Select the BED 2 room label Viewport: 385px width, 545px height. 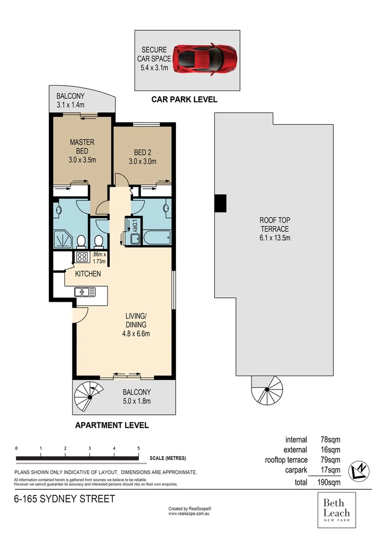point(143,157)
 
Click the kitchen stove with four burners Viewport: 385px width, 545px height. point(82,257)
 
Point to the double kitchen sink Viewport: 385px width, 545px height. point(82,291)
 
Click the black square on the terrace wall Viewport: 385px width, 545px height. point(220,203)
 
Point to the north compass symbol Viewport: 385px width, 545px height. point(360,470)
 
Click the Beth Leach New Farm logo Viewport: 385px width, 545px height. point(337,510)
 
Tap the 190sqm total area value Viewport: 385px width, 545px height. point(331,482)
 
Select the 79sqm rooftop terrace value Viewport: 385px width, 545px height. point(331,460)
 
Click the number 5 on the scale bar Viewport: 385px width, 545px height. point(139,448)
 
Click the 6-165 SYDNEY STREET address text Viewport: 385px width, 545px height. point(64,500)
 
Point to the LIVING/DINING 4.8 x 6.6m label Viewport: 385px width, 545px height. point(138,324)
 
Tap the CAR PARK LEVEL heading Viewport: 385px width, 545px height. point(184,99)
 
